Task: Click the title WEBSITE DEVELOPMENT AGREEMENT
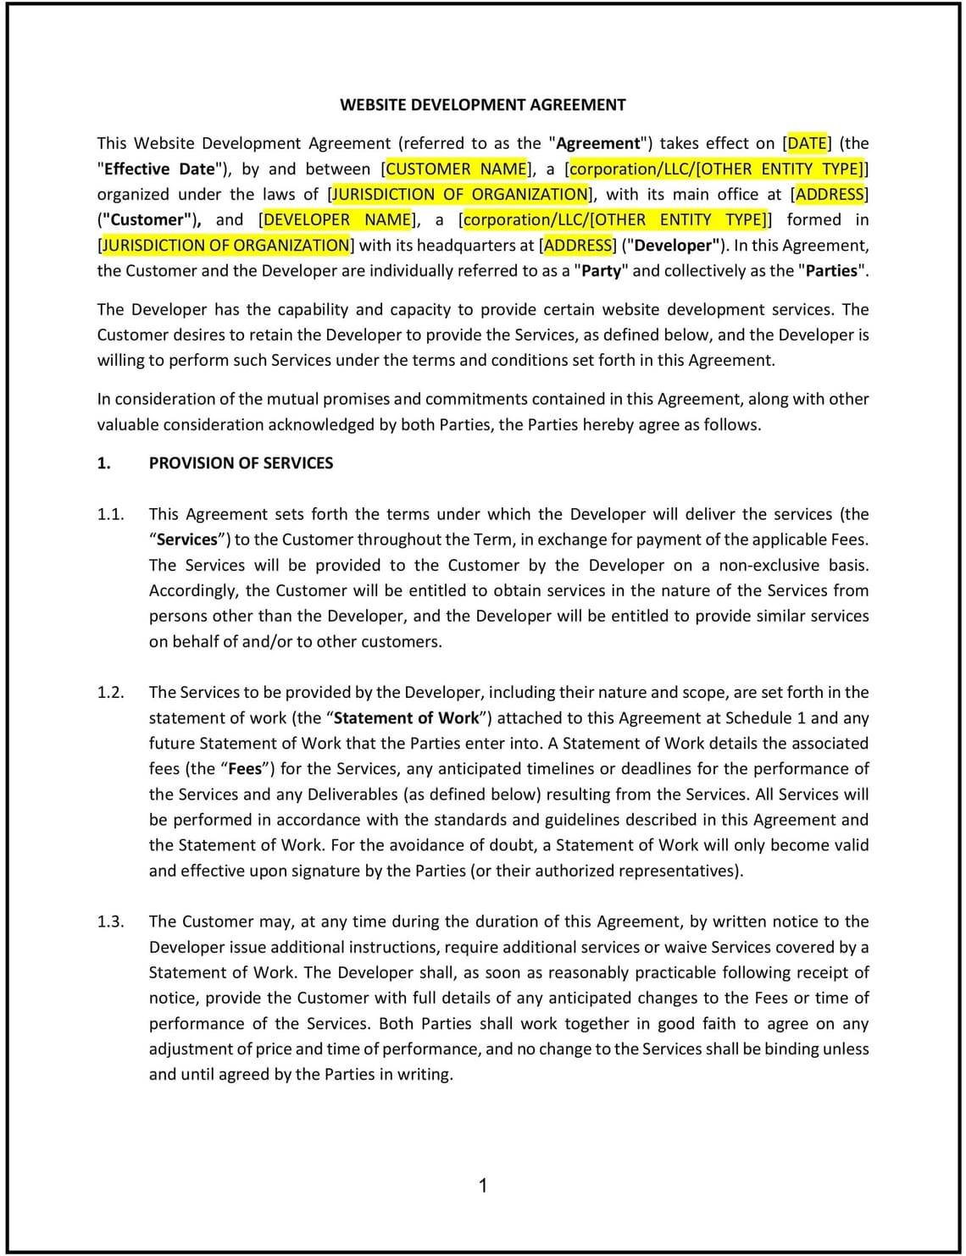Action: click(482, 105)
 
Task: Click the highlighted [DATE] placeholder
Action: click(807, 143)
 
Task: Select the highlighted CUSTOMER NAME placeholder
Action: click(456, 169)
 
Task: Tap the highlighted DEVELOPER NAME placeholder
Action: click(337, 219)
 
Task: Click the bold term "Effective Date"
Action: click(159, 169)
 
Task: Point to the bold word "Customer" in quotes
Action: click(147, 219)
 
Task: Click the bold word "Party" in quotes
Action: click(601, 271)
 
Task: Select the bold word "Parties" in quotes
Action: click(831, 271)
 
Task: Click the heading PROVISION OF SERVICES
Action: click(241, 463)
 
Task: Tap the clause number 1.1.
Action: click(110, 514)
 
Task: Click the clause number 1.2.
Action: click(110, 692)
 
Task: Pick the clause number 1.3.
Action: click(110, 921)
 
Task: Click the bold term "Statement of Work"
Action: click(406, 718)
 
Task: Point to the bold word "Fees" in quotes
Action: click(244, 769)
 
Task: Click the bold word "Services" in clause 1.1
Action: click(187, 539)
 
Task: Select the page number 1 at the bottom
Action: click(483, 1186)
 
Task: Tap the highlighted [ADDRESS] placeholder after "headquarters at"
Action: click(578, 246)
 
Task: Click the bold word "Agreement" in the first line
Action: click(597, 143)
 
